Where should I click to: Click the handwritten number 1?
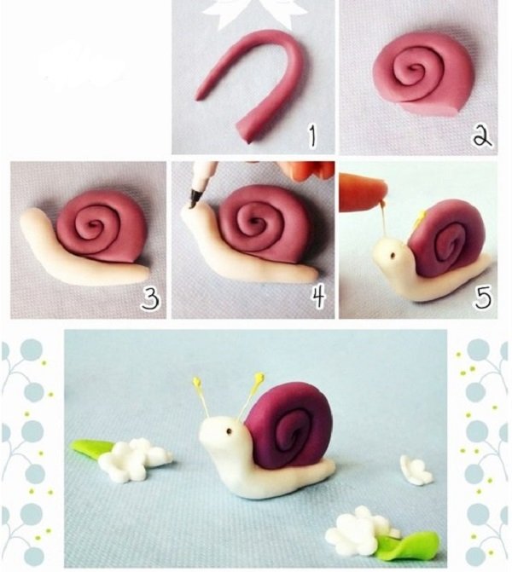tap(312, 136)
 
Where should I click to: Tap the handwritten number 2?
tap(481, 136)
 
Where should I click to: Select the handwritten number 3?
tap(150, 298)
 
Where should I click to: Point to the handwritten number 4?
tap(318, 298)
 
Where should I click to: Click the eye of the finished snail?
tap(230, 432)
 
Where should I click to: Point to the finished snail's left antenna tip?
tap(197, 382)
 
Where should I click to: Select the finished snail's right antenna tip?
tap(259, 377)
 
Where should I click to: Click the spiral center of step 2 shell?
tap(414, 70)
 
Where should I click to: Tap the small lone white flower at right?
tap(416, 470)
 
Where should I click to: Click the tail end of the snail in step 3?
tap(144, 273)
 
